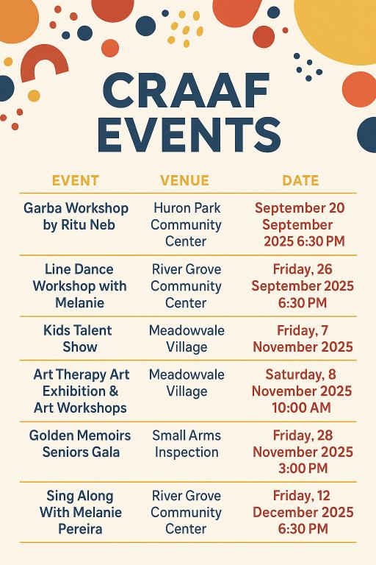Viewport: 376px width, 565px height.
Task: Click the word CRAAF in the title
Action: (186, 90)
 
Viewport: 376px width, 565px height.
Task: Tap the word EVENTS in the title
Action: (189, 134)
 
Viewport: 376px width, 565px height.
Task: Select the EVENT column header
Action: (76, 180)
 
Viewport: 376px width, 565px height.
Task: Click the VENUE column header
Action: (184, 180)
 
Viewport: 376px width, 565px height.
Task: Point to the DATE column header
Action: (300, 180)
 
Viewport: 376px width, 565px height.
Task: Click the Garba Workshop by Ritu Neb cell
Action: (76, 216)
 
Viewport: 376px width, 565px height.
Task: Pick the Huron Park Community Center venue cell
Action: (186, 224)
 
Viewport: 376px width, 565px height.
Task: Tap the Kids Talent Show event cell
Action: (78, 338)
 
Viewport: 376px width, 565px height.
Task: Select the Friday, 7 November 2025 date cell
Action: (303, 338)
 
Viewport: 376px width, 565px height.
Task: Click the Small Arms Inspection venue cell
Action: (187, 443)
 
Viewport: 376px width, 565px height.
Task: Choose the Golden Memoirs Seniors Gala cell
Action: (80, 443)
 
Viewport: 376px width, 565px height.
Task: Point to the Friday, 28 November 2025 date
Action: (303, 452)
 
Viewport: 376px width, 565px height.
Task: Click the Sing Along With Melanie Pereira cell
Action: (80, 512)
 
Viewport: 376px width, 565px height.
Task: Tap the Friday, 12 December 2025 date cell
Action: (303, 512)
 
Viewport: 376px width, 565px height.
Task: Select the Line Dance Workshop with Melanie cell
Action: (79, 285)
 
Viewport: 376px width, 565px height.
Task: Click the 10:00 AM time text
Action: (302, 408)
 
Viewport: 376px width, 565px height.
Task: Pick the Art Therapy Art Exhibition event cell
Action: (81, 391)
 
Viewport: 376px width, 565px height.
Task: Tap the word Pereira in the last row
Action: (80, 529)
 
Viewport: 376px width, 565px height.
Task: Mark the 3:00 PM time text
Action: (303, 469)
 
